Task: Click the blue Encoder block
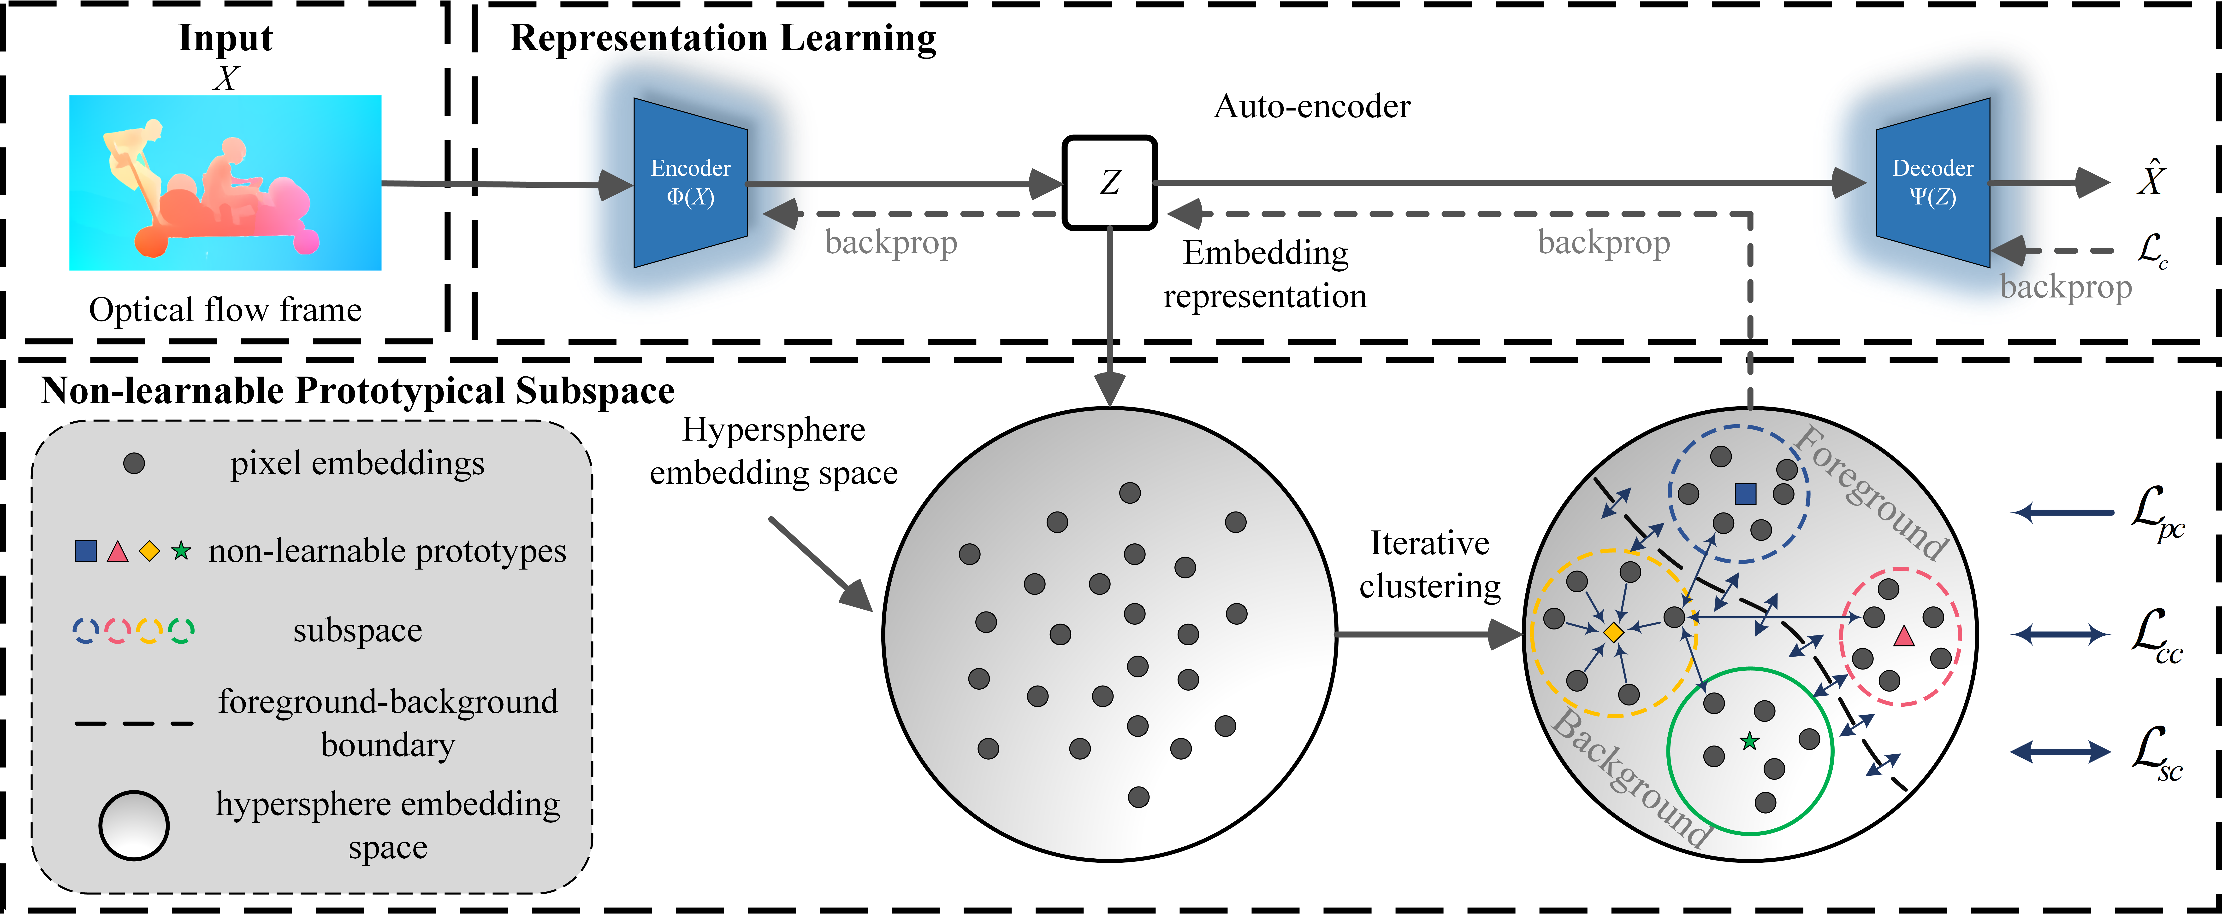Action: click(x=690, y=183)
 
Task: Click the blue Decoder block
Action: click(x=1932, y=183)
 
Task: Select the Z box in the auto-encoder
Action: click(x=1109, y=183)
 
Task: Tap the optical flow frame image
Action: click(x=225, y=183)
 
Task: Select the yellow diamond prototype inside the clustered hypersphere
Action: click(x=1613, y=632)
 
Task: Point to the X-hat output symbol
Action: click(x=2151, y=179)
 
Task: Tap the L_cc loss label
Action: click(x=2157, y=635)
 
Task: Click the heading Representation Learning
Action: click(x=723, y=39)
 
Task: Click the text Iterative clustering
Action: click(x=1429, y=565)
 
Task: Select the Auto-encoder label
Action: click(x=1312, y=106)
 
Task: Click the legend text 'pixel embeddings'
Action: click(x=357, y=464)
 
